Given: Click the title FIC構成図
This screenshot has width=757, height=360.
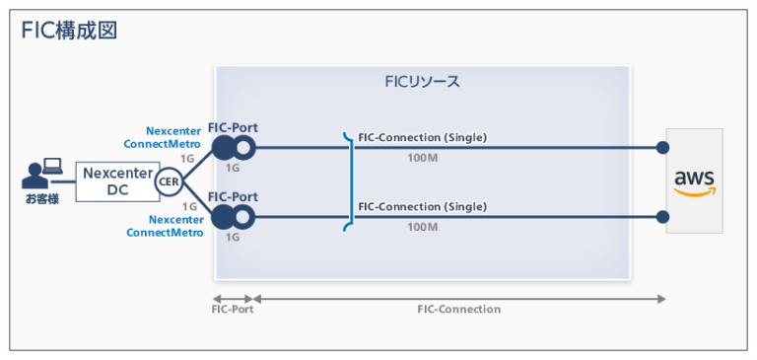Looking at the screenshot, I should pyautogui.click(x=69, y=30).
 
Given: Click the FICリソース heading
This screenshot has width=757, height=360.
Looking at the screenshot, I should pyautogui.click(x=422, y=81).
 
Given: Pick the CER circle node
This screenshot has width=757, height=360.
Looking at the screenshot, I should pyautogui.click(x=169, y=181).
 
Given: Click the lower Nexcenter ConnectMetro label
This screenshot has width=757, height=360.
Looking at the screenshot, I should pyautogui.click(x=165, y=226).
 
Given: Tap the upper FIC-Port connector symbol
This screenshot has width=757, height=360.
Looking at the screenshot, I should pyautogui.click(x=233, y=148).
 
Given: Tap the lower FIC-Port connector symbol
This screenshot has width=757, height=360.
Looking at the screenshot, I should pyautogui.click(x=233, y=216).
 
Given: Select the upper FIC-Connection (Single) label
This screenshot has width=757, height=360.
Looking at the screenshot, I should pyautogui.click(x=422, y=137).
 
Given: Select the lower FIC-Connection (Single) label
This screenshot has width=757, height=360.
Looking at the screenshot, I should pyautogui.click(x=422, y=206).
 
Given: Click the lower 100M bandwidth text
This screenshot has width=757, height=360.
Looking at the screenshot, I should pyautogui.click(x=422, y=227).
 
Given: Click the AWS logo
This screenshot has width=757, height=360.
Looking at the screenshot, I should pyautogui.click(x=694, y=181).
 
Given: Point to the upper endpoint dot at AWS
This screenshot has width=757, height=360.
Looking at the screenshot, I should pyautogui.click(x=662, y=148).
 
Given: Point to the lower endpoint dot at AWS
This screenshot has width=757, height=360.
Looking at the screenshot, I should pyautogui.click(x=662, y=216).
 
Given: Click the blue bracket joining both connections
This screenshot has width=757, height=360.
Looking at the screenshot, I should pyautogui.click(x=348, y=181).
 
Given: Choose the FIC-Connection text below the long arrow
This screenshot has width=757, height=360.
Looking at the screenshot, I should pyautogui.click(x=458, y=310).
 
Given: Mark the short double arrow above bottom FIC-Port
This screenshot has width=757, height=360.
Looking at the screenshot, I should pyautogui.click(x=234, y=297).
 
